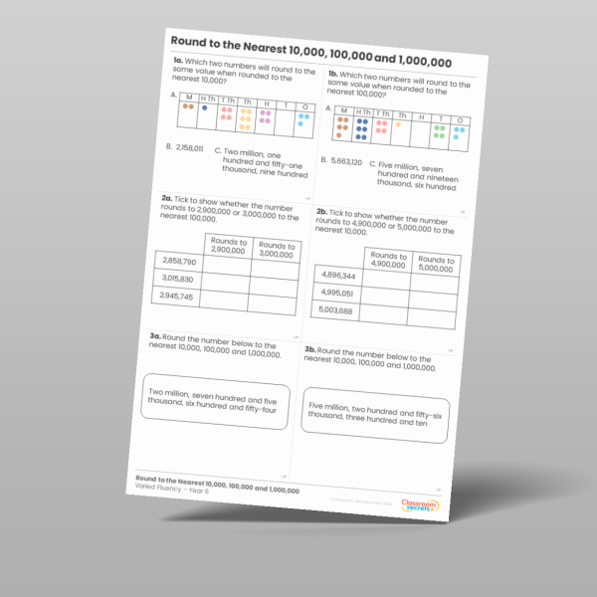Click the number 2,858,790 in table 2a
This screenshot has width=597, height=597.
(x=177, y=261)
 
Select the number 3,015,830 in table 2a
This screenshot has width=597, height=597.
(x=178, y=279)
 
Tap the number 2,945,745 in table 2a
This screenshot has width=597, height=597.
(x=176, y=297)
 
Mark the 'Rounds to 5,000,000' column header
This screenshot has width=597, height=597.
(x=436, y=264)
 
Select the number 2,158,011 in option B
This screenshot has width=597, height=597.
(x=189, y=148)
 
